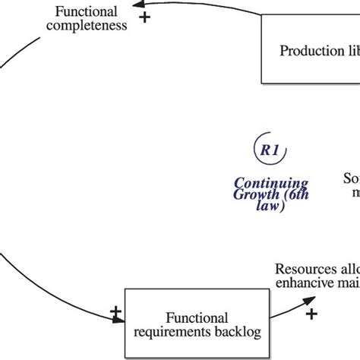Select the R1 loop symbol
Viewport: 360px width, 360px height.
pos(269,151)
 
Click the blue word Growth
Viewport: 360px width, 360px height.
pos(251,194)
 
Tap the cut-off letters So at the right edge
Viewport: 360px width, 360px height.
pos(351,179)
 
